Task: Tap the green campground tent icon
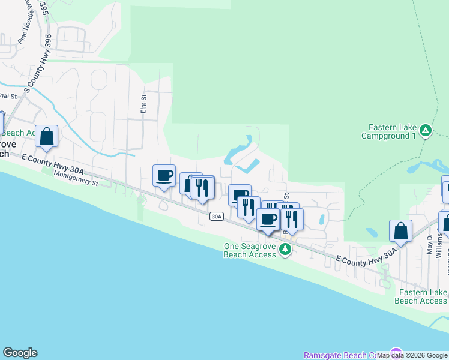[426, 130]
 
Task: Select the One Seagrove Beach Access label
[249, 250]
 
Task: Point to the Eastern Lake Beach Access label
[422, 296]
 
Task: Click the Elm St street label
[143, 103]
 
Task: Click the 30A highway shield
[217, 216]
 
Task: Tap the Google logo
[20, 353]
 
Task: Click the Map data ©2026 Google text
[411, 355]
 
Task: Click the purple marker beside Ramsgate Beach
[396, 353]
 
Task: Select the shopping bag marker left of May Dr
[400, 230]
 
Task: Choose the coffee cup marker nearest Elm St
[164, 176]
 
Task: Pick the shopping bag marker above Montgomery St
[46, 136]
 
